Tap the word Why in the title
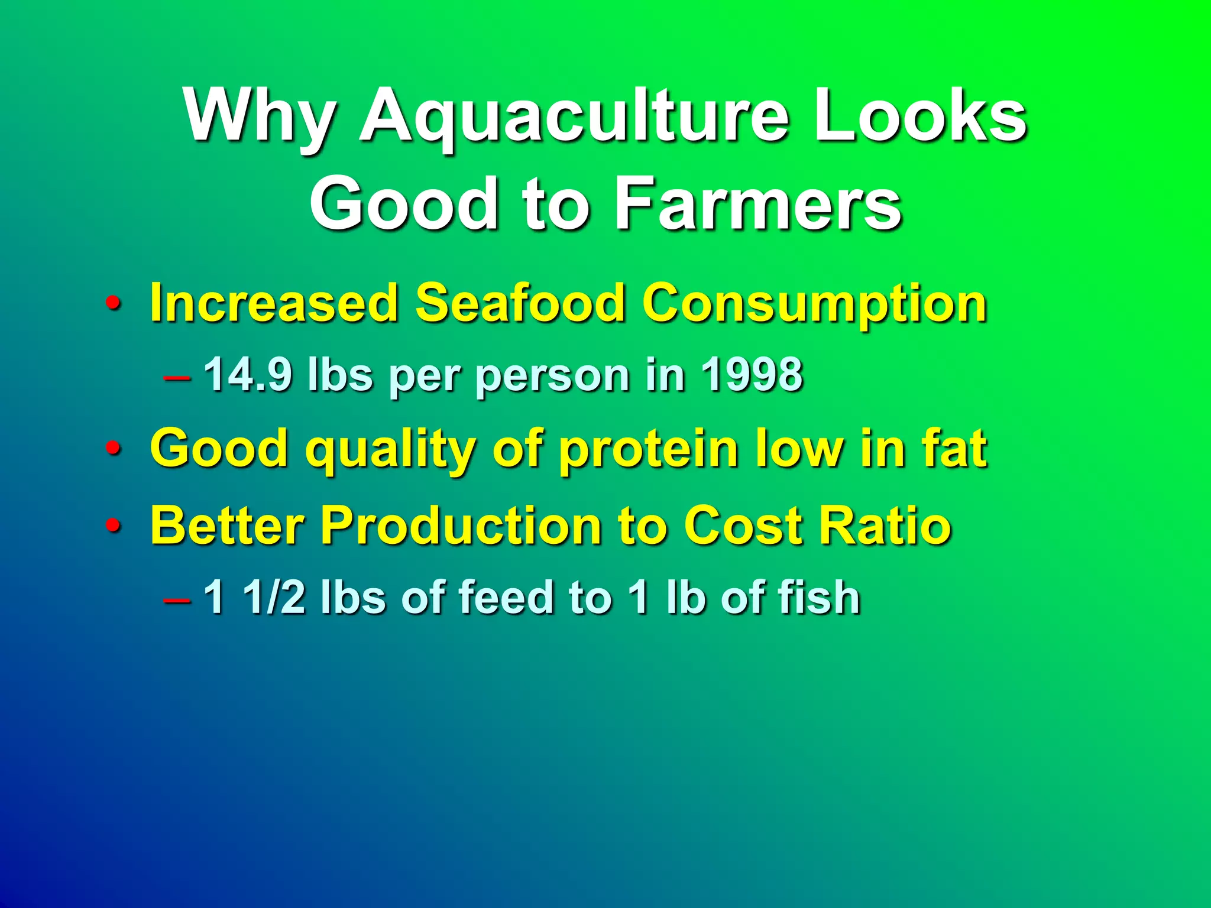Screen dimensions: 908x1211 coord(261,115)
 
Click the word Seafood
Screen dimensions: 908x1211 coord(520,303)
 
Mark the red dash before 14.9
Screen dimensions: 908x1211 coord(177,377)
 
